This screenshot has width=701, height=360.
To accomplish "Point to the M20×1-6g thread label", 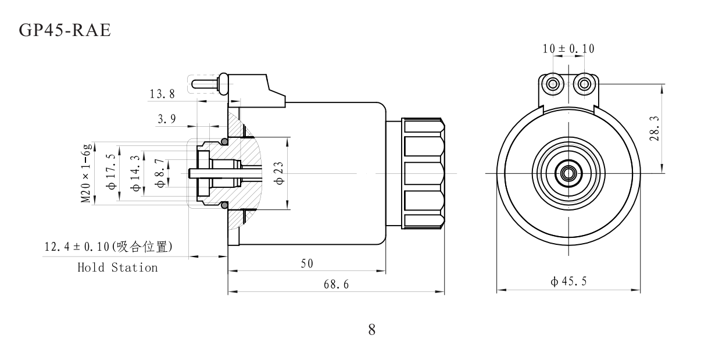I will pyautogui.click(x=87, y=174).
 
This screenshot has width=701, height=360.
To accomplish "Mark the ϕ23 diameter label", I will pyautogui.click(x=280, y=173).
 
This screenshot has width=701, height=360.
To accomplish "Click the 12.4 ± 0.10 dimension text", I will pyautogui.click(x=108, y=247).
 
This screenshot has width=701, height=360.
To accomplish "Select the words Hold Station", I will pyautogui.click(x=117, y=268).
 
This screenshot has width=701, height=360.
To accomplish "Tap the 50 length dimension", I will pyautogui.click(x=307, y=263).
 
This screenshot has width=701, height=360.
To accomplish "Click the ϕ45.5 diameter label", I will pyautogui.click(x=569, y=282).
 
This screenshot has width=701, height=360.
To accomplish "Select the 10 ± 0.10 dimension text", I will pyautogui.click(x=568, y=49).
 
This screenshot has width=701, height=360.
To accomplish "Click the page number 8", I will pyautogui.click(x=371, y=330).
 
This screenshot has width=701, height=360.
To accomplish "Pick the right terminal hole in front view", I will pyautogui.click(x=585, y=84).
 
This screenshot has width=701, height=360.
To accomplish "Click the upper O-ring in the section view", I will pyautogui.click(x=224, y=141).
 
